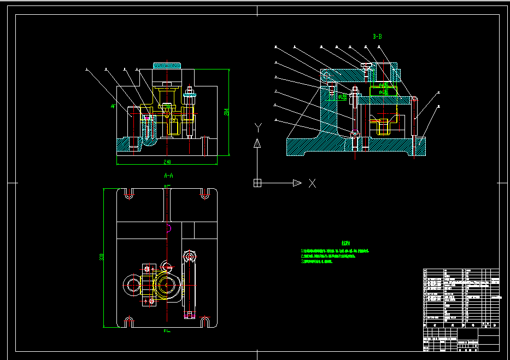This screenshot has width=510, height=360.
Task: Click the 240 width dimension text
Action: click(x=167, y=162)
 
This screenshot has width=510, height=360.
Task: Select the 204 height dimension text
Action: click(x=226, y=112)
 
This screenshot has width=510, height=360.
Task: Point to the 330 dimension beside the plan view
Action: click(x=102, y=257)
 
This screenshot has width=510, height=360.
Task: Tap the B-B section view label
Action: click(x=377, y=37)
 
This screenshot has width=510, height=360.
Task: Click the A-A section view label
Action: click(x=168, y=176)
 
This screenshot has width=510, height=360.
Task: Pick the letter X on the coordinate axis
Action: click(x=312, y=183)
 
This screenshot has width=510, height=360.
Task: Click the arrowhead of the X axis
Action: click(x=297, y=183)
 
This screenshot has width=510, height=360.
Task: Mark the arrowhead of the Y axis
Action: click(x=257, y=143)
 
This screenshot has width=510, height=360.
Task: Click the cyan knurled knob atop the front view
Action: click(x=167, y=66)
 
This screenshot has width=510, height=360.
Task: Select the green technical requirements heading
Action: click(x=345, y=243)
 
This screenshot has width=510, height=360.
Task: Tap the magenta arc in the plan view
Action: click(x=169, y=228)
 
